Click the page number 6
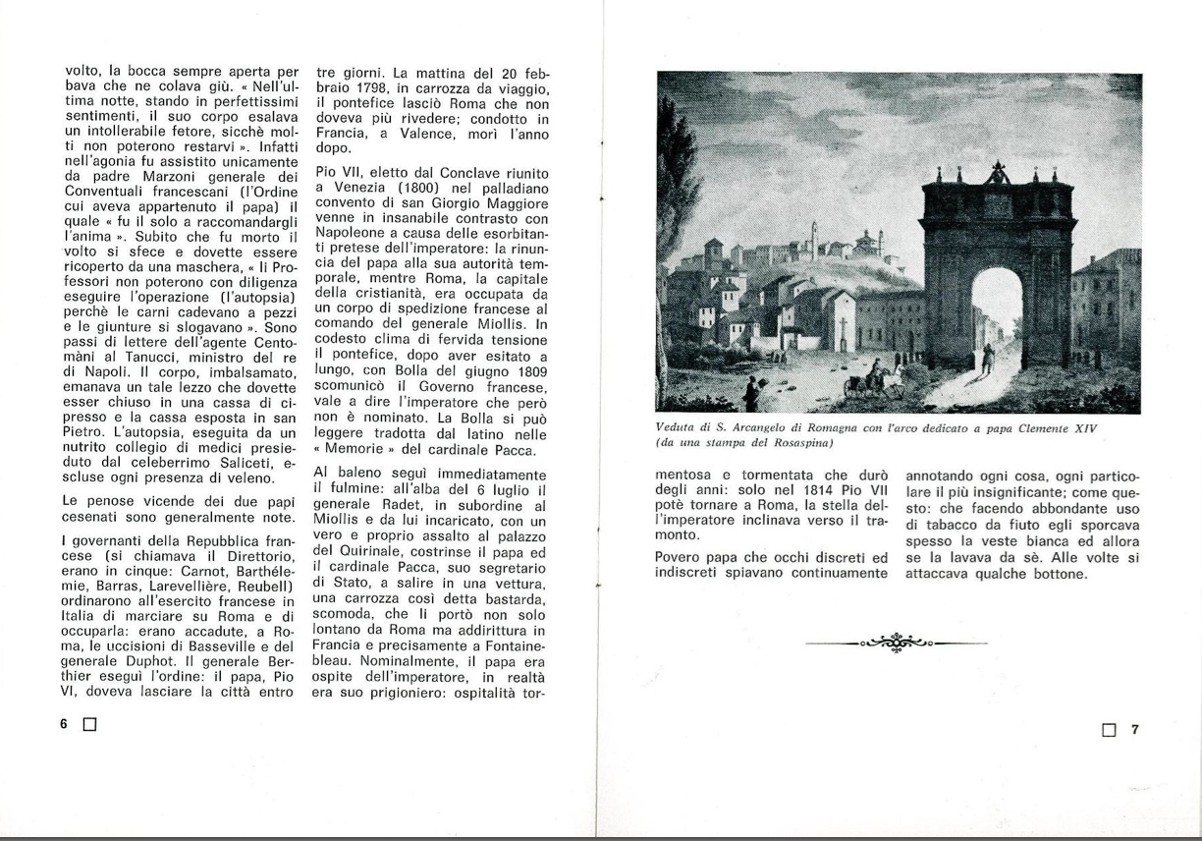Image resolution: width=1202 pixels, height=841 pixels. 63,724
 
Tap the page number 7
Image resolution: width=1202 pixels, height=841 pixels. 1134,729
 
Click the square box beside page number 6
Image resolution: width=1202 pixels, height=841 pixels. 89,725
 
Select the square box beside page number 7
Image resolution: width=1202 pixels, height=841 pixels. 1110,730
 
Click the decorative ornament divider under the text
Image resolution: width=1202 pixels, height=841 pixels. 896,643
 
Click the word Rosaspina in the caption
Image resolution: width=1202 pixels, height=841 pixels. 795,442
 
